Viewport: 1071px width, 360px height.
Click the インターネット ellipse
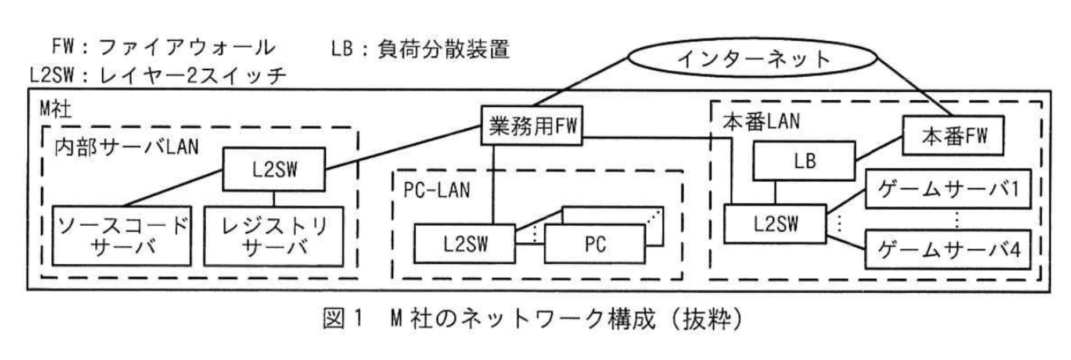[753, 58]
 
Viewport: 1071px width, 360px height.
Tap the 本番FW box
[953, 136]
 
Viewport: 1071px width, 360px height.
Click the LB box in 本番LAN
[804, 161]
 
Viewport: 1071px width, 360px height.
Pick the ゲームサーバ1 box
[948, 189]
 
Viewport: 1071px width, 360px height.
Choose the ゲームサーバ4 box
[948, 250]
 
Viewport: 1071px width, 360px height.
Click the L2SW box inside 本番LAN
[775, 224]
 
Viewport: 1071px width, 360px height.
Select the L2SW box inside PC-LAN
[465, 244]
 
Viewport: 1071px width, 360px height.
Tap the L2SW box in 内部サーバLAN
[274, 169]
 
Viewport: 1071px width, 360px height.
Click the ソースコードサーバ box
[122, 236]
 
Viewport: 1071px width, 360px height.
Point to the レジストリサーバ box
[274, 236]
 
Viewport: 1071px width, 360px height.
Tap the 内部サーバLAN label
[127, 147]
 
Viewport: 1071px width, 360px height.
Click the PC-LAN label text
[437, 190]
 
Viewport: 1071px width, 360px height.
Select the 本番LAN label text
[761, 121]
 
